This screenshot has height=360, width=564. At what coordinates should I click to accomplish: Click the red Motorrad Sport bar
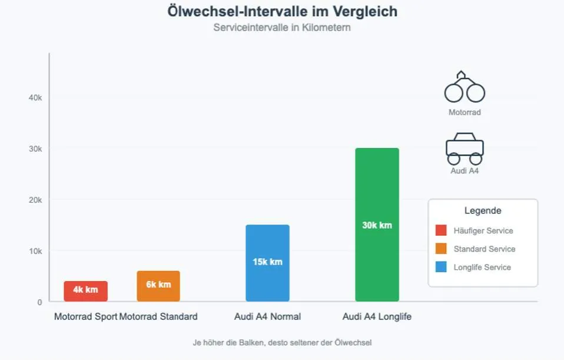tap(85, 291)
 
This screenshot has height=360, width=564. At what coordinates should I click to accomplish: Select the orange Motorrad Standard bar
tap(158, 286)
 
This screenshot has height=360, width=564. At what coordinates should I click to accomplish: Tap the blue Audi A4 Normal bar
tap(267, 263)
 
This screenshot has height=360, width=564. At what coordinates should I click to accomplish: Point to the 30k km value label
tap(377, 225)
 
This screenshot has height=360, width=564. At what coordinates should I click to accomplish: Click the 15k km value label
tap(267, 262)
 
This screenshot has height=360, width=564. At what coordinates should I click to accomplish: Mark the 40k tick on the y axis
tap(35, 98)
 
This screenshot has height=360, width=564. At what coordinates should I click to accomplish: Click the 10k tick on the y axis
tap(35, 251)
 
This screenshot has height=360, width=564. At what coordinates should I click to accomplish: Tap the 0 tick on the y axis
tap(39, 302)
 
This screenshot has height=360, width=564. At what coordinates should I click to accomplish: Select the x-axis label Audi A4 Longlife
tap(377, 317)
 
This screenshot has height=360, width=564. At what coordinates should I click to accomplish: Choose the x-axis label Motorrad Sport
tap(85, 317)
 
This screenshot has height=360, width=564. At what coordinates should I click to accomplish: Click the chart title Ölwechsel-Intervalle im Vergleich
tap(282, 11)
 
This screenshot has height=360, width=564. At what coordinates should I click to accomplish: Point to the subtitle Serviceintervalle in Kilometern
tap(282, 28)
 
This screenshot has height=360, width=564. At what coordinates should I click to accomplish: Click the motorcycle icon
tap(465, 88)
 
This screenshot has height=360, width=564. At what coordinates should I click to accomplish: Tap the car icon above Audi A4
tap(465, 149)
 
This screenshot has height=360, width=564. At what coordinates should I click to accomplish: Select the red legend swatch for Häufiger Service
tap(441, 230)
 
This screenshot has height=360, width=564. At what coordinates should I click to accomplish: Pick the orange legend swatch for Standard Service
tap(441, 249)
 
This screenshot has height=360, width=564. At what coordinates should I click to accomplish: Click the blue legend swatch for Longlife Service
tap(441, 267)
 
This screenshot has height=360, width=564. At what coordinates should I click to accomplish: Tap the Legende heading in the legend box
tap(483, 211)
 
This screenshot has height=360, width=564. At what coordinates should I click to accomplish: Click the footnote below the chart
tap(282, 342)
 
